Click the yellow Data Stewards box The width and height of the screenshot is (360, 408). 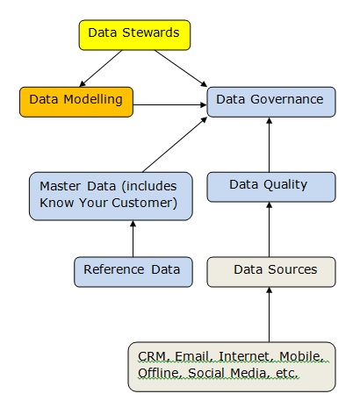[134, 35]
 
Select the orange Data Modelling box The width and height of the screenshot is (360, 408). [76, 102]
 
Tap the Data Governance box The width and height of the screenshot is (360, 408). [271, 102]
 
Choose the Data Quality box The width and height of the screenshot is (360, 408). [271, 187]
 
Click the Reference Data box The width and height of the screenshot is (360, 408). [133, 272]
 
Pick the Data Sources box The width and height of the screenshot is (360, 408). [271, 272]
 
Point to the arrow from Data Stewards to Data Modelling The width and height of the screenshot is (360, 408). [101, 68]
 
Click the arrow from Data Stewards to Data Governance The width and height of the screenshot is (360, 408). [181, 68]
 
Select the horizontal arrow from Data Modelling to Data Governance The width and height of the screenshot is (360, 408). [170, 104]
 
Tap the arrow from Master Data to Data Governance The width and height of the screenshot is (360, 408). [175, 145]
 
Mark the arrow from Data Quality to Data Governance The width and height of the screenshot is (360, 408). [270, 145]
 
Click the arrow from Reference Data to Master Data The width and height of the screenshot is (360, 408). [133, 239]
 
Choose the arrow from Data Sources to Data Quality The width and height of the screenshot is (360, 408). [270, 230]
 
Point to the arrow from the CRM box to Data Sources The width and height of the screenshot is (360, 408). [270, 315]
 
